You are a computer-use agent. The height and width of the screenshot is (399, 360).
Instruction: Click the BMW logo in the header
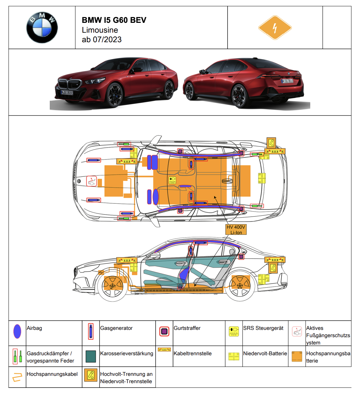(42, 28)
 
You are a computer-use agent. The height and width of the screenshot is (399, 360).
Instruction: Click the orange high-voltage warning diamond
(275, 28)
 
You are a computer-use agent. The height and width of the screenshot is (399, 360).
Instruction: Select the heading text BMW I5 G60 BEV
(114, 20)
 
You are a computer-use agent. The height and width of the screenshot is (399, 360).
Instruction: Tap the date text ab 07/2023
(102, 40)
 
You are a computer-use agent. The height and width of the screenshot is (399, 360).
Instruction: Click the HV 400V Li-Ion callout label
(236, 230)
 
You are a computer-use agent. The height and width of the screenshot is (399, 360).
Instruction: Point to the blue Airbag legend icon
(17, 331)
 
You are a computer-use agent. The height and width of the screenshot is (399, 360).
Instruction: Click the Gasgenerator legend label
(116, 328)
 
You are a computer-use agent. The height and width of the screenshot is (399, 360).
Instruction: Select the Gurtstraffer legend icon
(164, 331)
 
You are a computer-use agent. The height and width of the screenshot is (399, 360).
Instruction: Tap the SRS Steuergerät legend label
(263, 328)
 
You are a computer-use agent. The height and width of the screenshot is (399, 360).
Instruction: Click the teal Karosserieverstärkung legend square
(91, 356)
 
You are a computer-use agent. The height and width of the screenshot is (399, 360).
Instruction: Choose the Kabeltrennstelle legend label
(193, 353)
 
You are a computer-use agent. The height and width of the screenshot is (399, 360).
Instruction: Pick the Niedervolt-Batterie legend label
(265, 353)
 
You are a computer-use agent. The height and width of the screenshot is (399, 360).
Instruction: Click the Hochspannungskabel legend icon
(17, 377)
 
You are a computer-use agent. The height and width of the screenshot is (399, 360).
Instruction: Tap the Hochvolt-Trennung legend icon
(91, 375)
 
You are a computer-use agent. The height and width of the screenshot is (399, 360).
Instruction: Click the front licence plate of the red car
(67, 93)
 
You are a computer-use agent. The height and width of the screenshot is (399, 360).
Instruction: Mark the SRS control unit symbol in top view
(172, 180)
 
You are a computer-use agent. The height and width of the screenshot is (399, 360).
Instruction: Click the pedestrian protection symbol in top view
(92, 181)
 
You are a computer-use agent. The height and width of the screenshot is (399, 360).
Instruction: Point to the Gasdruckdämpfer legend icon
(17, 356)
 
